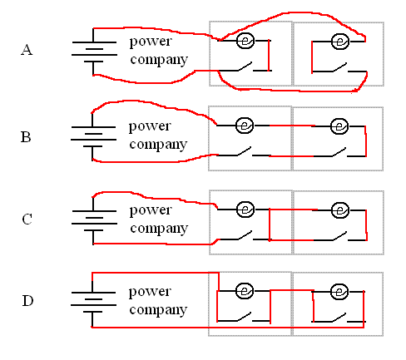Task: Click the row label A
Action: [x=27, y=50]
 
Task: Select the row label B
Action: [x=26, y=137]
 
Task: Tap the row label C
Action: [x=27, y=219]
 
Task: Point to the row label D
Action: [x=27, y=301]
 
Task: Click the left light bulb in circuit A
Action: [x=245, y=41]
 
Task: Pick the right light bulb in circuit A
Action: [x=340, y=42]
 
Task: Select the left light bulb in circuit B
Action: [x=245, y=126]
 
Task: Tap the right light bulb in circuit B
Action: [x=339, y=126]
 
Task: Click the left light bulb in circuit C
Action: [x=245, y=210]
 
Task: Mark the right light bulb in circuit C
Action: [x=340, y=210]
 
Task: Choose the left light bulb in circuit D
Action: [x=245, y=291]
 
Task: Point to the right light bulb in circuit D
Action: [x=339, y=292]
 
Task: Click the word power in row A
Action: [x=151, y=42]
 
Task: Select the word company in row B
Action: [x=158, y=145]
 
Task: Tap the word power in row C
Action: [x=151, y=211]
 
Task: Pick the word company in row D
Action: [x=158, y=310]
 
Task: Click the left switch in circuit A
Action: [x=245, y=67]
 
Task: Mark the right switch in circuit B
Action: [x=339, y=152]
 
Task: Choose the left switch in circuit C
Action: [x=245, y=236]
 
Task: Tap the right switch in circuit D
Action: [x=339, y=318]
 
